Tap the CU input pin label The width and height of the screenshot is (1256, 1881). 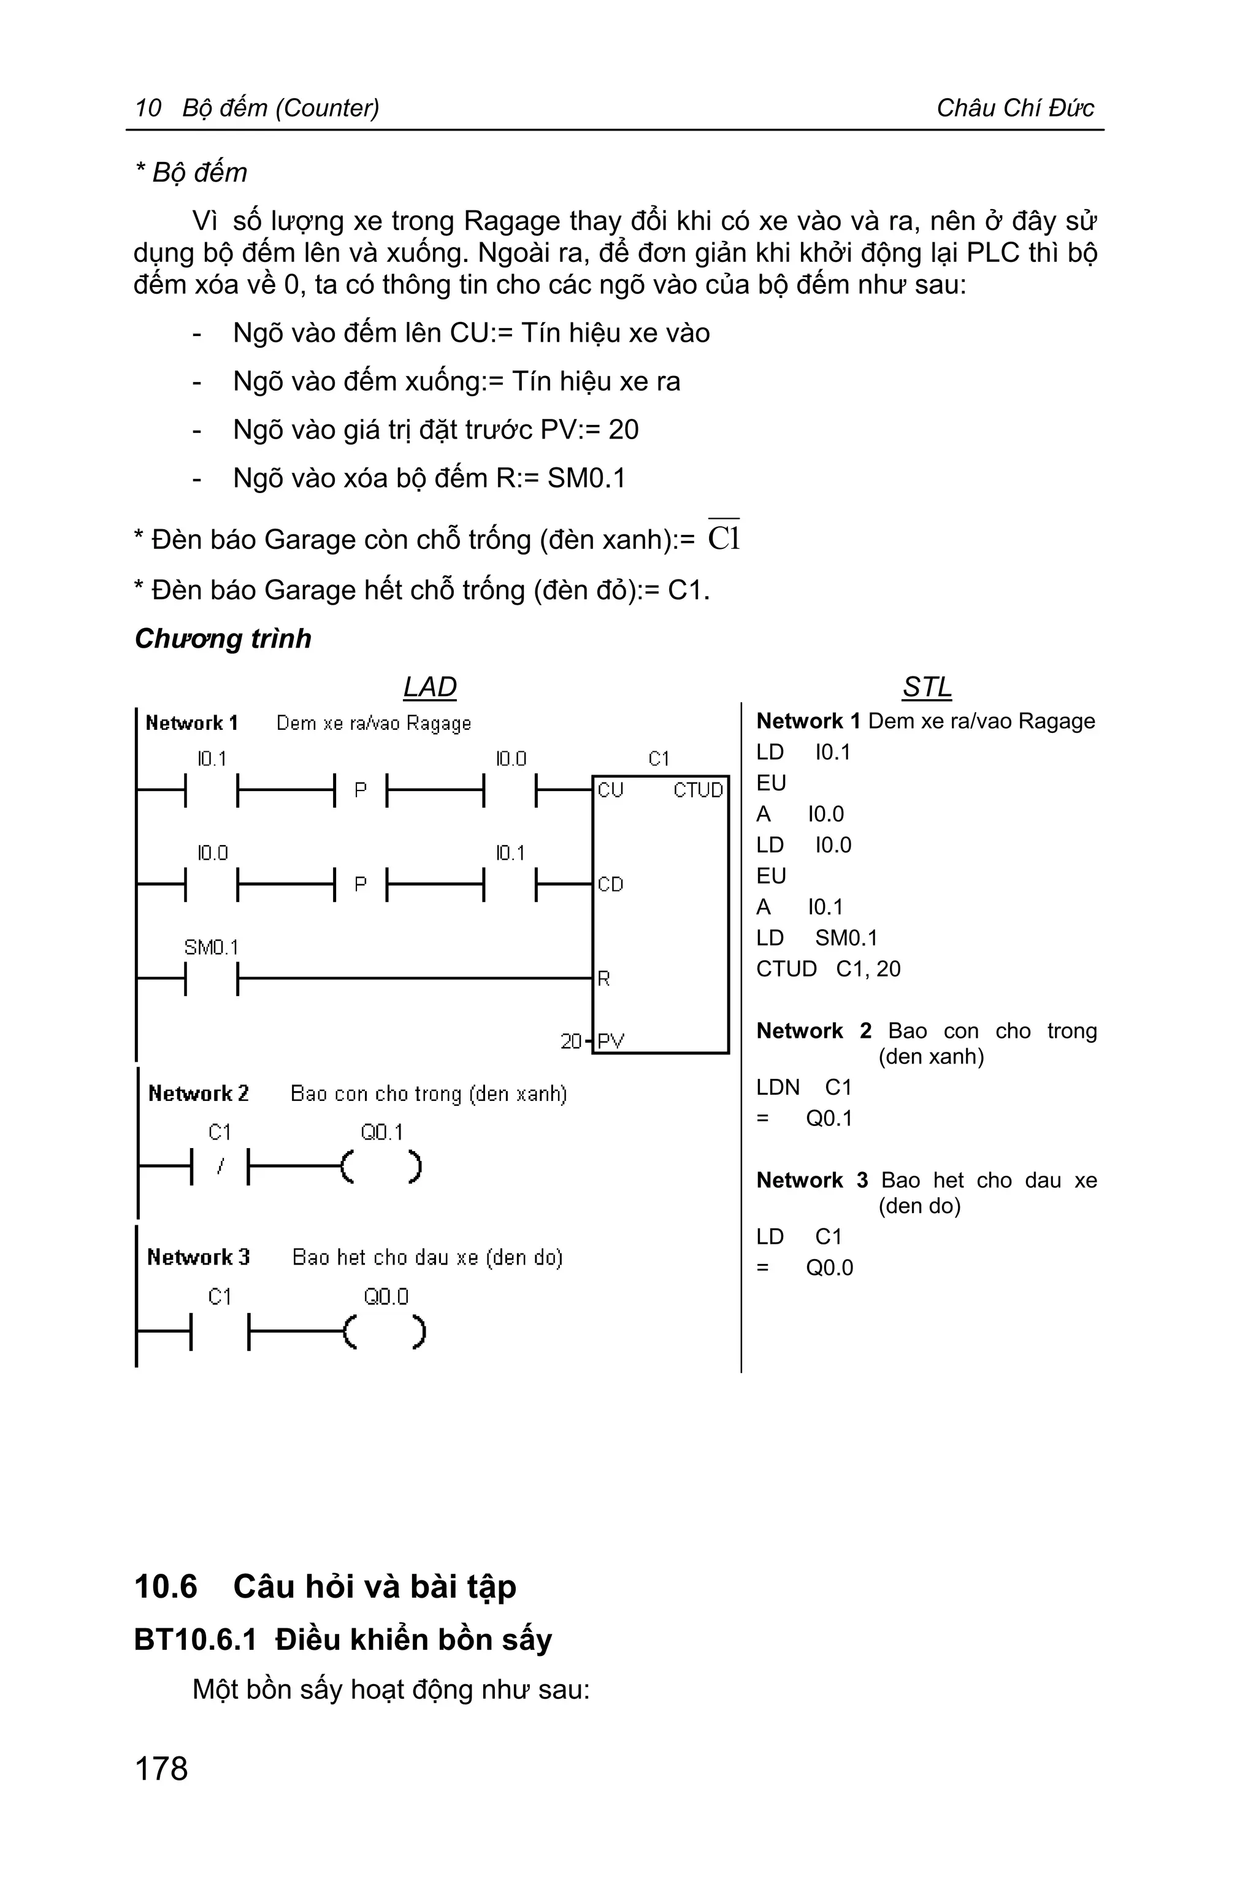[x=610, y=791]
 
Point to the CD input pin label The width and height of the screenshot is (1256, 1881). [x=610, y=884]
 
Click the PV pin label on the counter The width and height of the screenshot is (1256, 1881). [x=610, y=1041]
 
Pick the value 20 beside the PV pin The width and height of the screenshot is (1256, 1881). [x=571, y=1041]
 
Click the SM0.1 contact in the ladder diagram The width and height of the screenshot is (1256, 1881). [x=212, y=978]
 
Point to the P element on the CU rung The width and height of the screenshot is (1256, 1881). [x=361, y=791]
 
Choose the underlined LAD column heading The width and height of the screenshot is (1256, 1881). [x=429, y=688]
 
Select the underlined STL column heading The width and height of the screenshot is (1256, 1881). [x=927, y=688]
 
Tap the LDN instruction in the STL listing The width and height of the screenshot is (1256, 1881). [x=778, y=1087]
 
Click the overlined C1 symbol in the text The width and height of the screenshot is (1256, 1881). [x=723, y=537]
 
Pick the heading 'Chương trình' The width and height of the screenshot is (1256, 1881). [x=223, y=638]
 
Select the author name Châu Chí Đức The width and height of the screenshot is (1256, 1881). [x=1015, y=107]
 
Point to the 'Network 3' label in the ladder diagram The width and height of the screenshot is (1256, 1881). [x=199, y=1257]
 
